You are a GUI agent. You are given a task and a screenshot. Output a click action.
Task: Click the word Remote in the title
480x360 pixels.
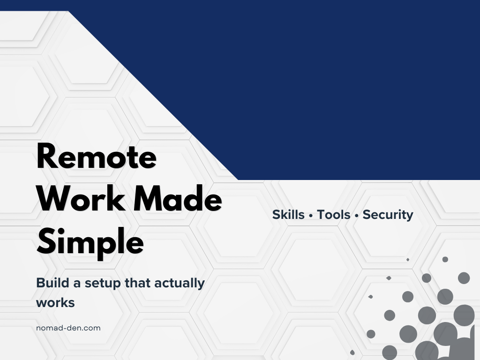(96, 157)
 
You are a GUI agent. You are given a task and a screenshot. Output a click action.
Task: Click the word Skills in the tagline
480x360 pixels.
(288, 215)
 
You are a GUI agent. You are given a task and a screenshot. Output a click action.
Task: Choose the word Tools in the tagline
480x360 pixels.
(334, 215)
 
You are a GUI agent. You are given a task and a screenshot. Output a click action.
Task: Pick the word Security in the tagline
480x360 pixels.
(388, 215)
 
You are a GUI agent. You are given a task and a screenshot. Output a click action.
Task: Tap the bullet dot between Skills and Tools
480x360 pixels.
(311, 216)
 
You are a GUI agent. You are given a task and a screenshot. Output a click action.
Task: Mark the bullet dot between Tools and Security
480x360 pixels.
(357, 216)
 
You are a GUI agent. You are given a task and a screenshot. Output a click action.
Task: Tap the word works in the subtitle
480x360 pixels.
(55, 302)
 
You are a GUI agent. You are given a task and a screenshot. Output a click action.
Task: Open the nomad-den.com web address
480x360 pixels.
(68, 328)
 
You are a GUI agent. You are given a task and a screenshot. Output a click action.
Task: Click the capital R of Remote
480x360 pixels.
(47, 157)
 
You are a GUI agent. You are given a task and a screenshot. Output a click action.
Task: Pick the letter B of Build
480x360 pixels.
(40, 283)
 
